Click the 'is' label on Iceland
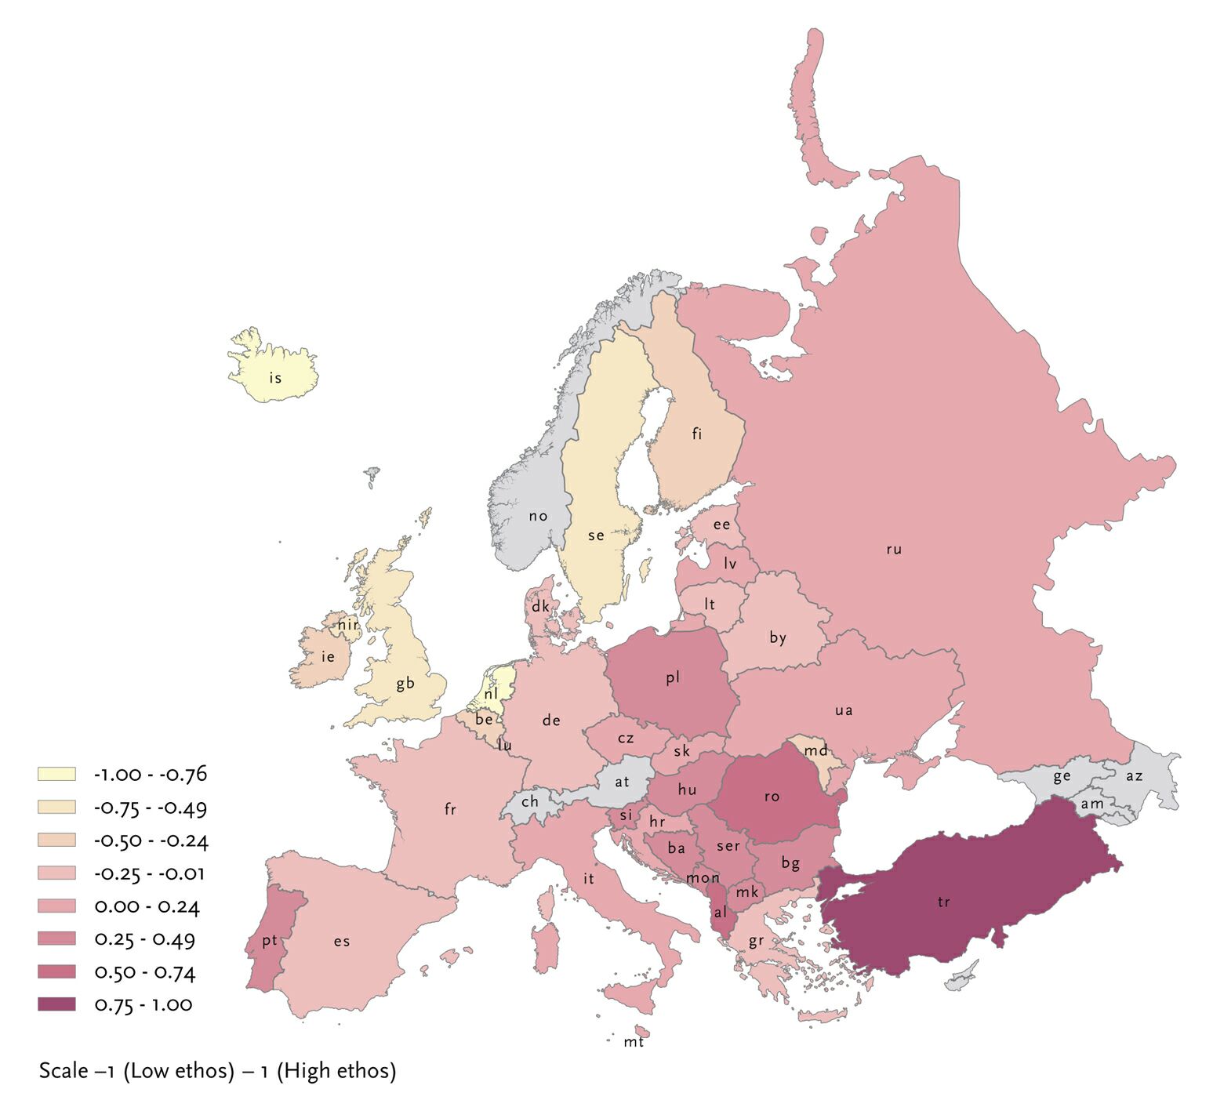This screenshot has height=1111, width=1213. point(275,378)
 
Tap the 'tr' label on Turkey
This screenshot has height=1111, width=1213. point(943,902)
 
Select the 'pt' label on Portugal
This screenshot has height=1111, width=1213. point(270,941)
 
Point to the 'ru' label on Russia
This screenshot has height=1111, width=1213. point(894,549)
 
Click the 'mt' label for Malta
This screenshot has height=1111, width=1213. point(634,1042)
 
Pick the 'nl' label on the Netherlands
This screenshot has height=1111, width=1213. point(491,694)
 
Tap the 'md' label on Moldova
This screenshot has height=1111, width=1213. point(815,750)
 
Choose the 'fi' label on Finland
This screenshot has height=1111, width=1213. point(697,434)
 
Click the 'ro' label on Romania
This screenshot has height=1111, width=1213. point(772,797)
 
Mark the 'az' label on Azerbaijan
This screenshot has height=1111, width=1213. point(1134,776)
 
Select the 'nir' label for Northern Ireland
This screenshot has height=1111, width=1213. point(348,625)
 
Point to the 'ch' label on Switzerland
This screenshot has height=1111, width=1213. point(530,801)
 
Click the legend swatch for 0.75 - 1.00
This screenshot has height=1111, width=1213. point(56,1004)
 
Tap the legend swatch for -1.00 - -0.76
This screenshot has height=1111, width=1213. point(56,774)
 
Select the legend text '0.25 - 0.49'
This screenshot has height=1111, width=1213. point(144,939)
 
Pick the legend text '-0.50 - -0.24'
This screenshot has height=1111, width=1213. point(151,841)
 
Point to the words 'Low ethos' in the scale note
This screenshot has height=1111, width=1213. point(179,1070)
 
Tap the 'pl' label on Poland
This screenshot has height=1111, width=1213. point(673,677)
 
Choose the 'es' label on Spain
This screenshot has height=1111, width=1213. point(341,942)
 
